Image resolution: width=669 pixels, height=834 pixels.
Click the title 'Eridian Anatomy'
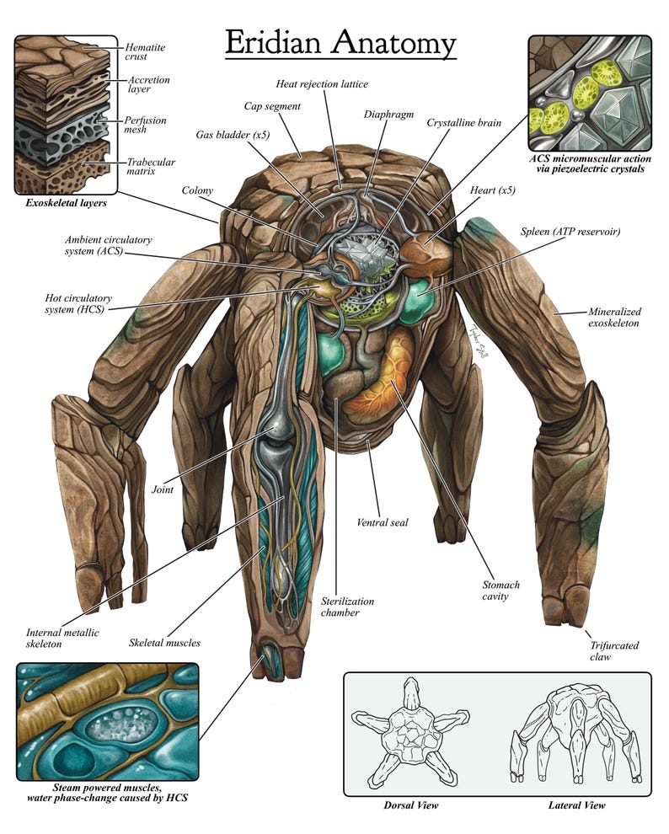(340, 43)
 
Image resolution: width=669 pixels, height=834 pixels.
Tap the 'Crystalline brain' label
(463, 123)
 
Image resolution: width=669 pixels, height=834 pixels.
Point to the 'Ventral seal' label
(383, 522)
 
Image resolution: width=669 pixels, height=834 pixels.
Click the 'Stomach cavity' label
(501, 591)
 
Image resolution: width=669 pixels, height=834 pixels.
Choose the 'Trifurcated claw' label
(614, 651)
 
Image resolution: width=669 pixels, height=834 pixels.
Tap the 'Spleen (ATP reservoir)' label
(570, 232)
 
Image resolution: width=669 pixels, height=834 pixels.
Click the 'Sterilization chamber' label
(347, 607)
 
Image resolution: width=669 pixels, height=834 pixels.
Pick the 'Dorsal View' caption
(411, 805)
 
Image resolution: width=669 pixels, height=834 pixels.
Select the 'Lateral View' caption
(577, 805)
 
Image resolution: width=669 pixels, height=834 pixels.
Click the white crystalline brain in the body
(368, 254)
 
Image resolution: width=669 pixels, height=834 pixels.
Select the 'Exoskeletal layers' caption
(66, 203)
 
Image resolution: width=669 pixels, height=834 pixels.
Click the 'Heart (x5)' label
(492, 190)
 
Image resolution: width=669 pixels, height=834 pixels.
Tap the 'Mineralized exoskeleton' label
(614, 317)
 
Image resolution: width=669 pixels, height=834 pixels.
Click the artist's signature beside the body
(477, 341)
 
